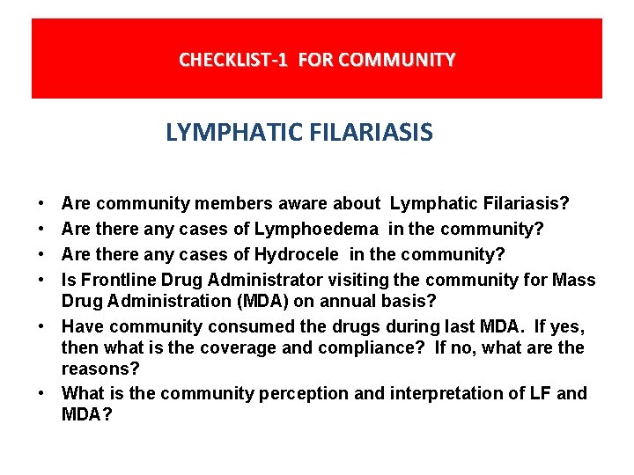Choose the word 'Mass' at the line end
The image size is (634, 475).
point(574,281)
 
